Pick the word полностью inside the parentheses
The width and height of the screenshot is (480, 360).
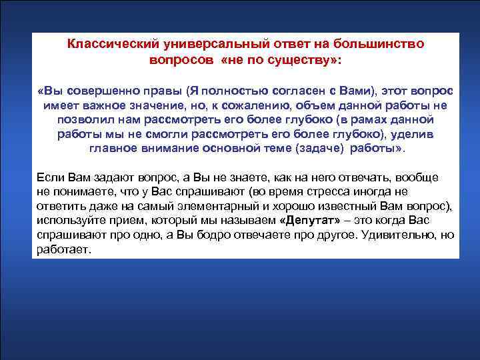tap(223, 91)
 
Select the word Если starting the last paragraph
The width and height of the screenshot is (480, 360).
tap(48, 178)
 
